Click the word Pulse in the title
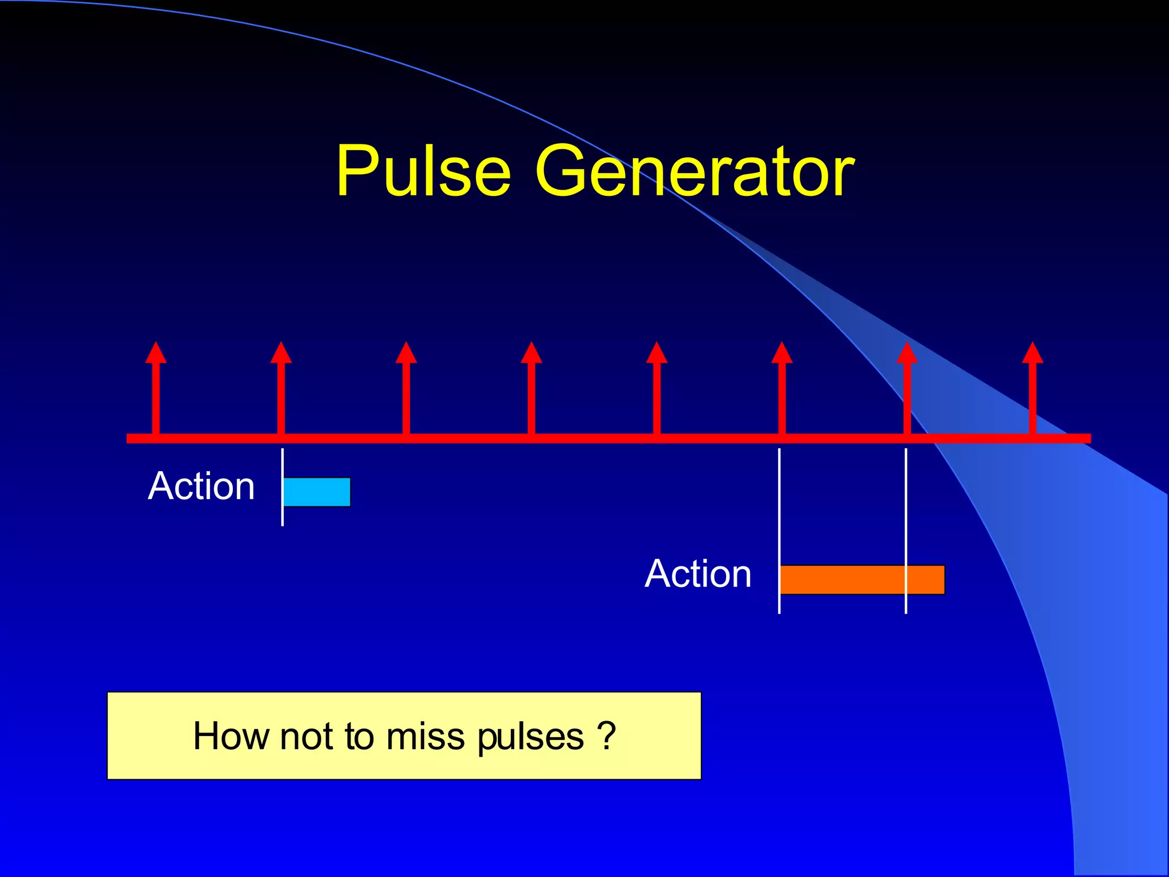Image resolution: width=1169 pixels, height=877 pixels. tap(423, 171)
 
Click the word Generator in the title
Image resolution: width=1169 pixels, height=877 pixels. tap(694, 171)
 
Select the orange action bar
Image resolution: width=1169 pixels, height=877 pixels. tap(862, 580)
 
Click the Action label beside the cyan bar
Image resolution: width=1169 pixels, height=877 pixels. tap(201, 486)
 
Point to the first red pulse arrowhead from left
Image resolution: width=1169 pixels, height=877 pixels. tap(156, 353)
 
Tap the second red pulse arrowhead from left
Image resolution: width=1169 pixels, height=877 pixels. tap(281, 353)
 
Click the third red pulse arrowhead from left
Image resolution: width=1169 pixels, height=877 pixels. tap(406, 353)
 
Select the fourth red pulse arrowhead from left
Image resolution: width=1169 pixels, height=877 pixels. tap(531, 353)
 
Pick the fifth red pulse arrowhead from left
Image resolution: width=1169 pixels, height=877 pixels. tap(656, 353)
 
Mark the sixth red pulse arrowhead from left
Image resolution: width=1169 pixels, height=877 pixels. tap(782, 353)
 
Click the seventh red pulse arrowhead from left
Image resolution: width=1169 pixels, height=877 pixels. tap(907, 353)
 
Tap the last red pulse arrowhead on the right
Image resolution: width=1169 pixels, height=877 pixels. tap(1033, 353)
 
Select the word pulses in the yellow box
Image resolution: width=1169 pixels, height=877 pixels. tap(530, 737)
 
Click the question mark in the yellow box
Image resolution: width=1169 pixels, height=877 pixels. tap(606, 735)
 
